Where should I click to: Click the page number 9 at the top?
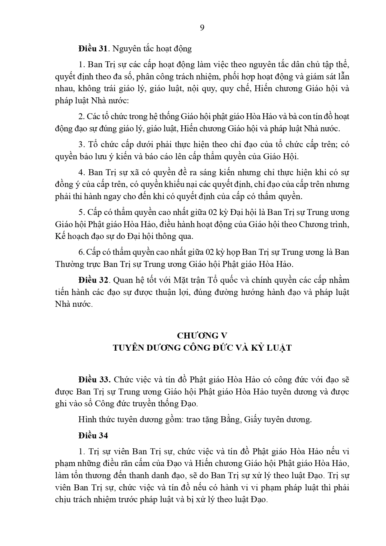click(202, 28)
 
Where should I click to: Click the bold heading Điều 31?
click(93, 49)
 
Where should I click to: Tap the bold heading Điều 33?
click(94, 380)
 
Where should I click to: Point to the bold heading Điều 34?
click(93, 436)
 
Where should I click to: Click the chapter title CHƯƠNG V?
click(202, 335)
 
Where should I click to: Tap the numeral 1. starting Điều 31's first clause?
click(82, 65)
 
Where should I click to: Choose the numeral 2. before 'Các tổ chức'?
click(81, 117)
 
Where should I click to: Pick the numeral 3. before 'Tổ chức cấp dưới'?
click(82, 145)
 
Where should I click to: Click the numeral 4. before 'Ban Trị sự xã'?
click(82, 172)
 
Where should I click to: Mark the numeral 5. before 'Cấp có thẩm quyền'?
click(81, 212)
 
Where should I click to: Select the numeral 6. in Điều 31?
click(81, 252)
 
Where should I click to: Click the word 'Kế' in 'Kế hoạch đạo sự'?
click(59, 236)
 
